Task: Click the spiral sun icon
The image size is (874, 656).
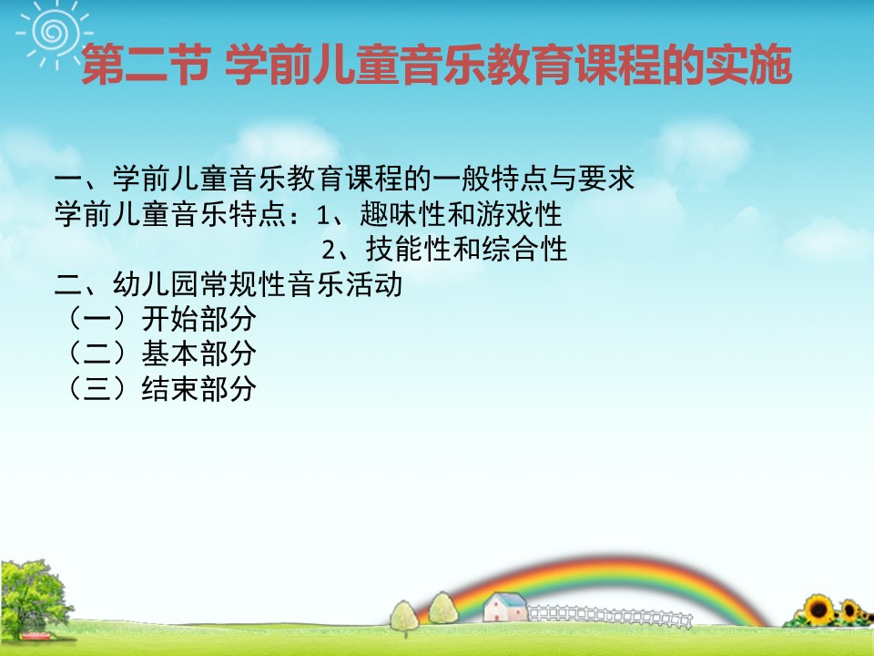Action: point(54,33)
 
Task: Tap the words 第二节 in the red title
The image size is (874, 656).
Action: point(146,66)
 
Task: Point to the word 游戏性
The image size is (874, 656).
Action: point(519,214)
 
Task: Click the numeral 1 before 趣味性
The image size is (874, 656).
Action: point(322,215)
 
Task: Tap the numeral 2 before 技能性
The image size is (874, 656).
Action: point(329,250)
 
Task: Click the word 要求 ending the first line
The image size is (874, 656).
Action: point(606,179)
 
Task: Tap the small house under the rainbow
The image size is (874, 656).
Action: point(505,607)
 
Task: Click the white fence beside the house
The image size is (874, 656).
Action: point(610,616)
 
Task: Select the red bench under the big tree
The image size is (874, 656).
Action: point(36,636)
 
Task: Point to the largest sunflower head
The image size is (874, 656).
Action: point(818,610)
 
